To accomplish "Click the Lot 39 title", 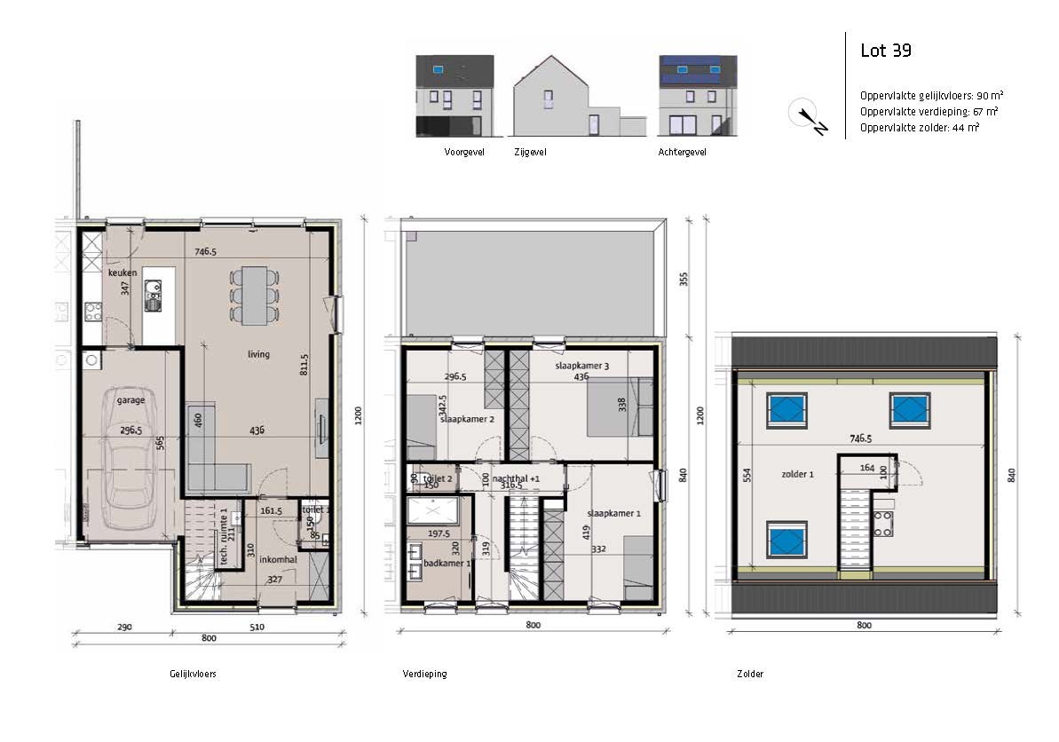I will pyautogui.click(x=885, y=51).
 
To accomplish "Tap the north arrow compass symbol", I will pyautogui.click(x=808, y=116).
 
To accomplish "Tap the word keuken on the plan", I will pyautogui.click(x=122, y=272).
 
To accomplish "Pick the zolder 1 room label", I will pyautogui.click(x=797, y=475).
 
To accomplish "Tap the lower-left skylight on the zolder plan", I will pyautogui.click(x=787, y=539).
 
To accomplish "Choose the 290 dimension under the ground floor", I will pyautogui.click(x=123, y=628).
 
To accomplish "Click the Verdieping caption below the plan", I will pyautogui.click(x=424, y=674).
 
